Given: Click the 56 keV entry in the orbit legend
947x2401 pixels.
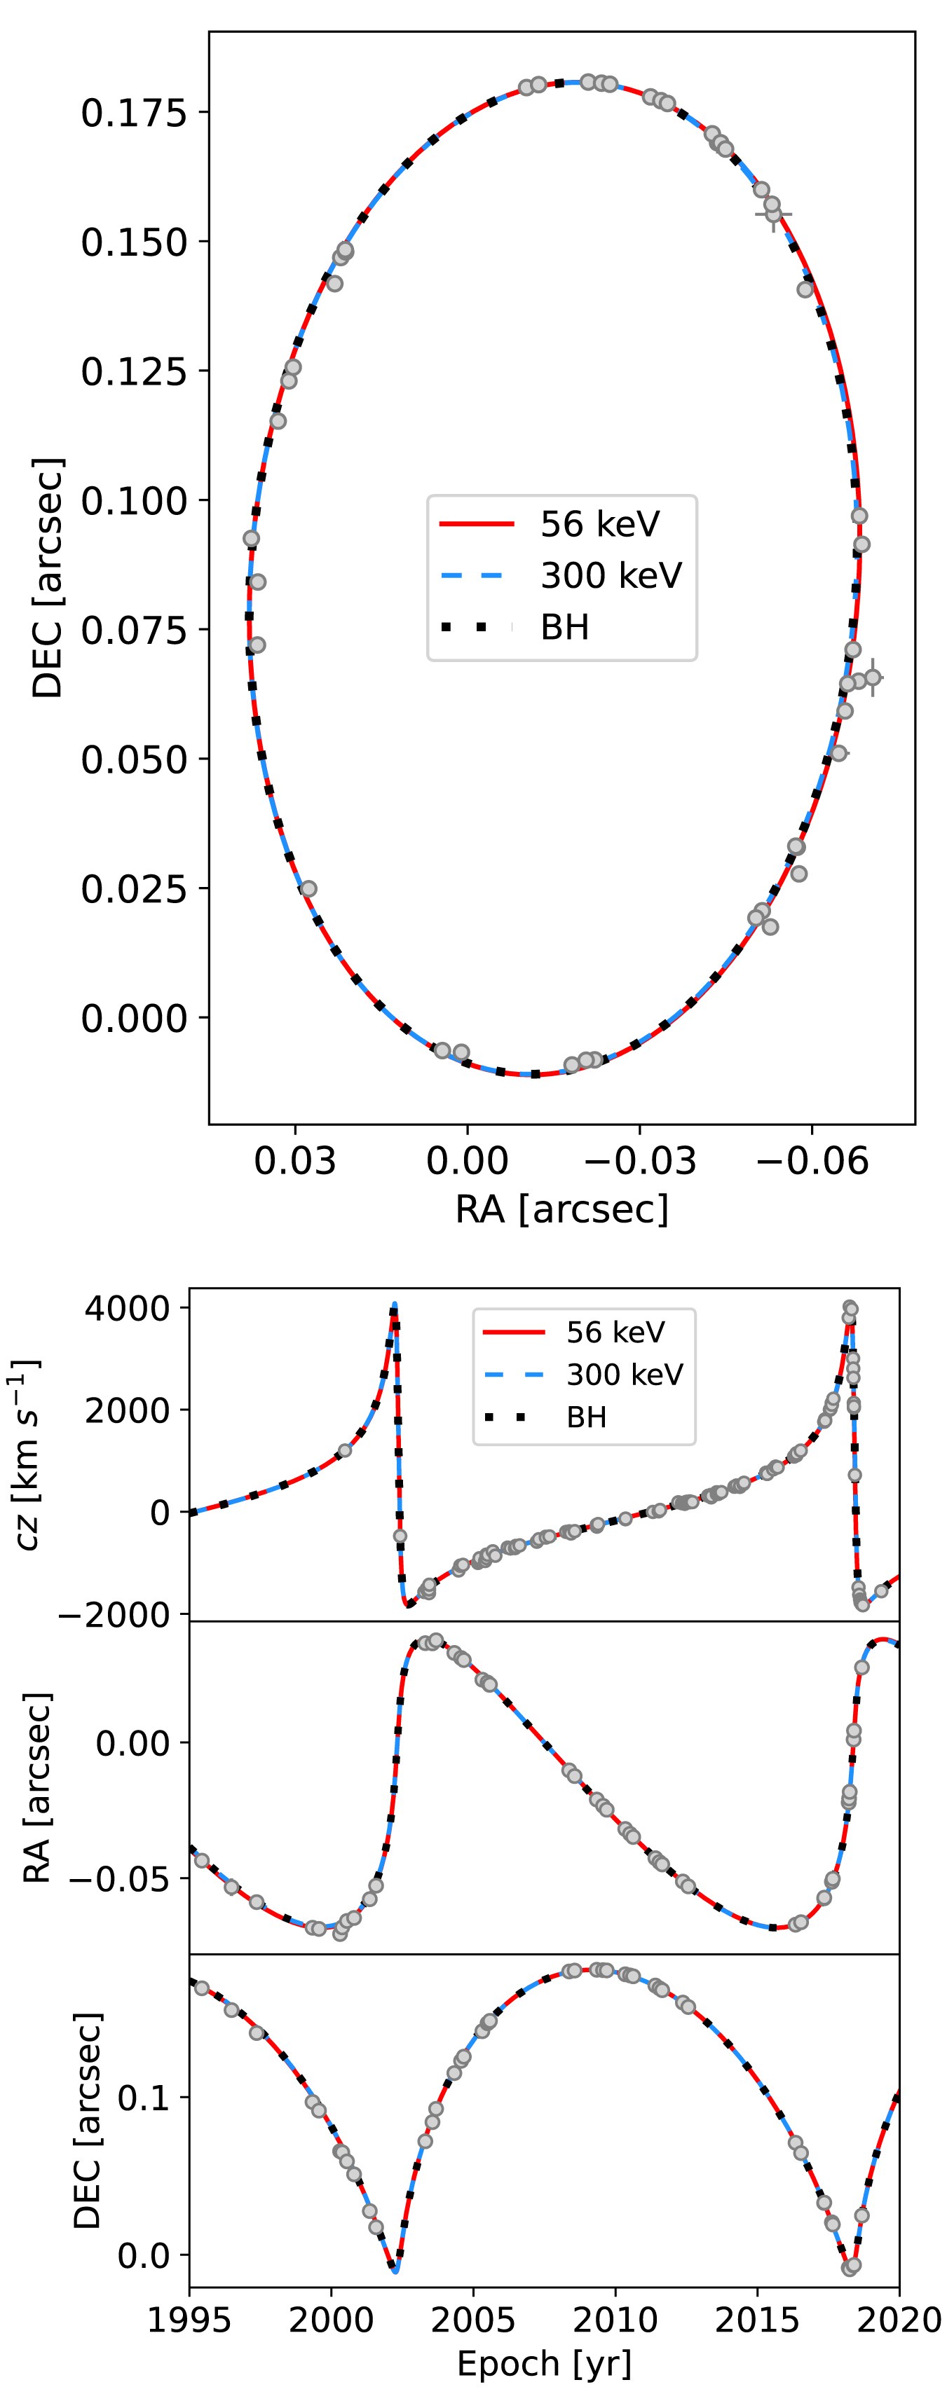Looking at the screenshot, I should [599, 524].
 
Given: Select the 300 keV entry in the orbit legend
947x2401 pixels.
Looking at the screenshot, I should [611, 575].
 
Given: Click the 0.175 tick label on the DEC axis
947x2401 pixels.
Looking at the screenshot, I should [134, 113].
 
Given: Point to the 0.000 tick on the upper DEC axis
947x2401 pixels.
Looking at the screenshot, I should [134, 1018].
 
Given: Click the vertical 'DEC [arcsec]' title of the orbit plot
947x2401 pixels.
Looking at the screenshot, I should [48, 578].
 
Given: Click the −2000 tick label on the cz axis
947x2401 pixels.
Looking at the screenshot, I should [116, 1616].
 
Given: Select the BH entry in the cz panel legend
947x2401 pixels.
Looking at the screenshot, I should [586, 1417].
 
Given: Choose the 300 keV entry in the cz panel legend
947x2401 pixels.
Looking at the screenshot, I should [625, 1375].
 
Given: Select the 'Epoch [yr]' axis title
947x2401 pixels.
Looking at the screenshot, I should [545, 2364].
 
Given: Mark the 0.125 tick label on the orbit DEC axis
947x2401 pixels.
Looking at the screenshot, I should [134, 372].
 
